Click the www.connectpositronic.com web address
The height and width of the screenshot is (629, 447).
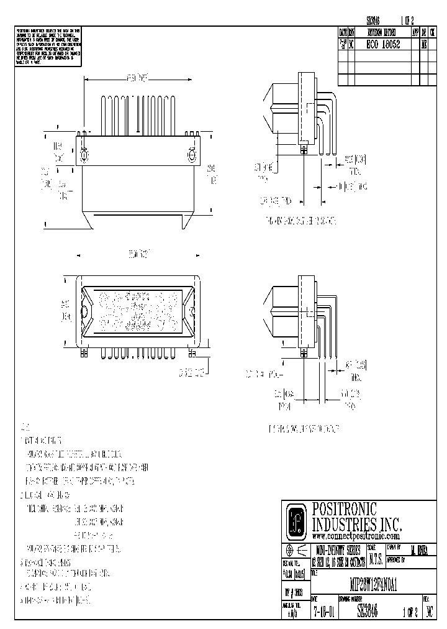(x=355, y=535)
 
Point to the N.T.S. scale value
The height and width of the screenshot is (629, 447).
(x=375, y=559)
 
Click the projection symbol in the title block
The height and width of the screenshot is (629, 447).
(x=296, y=551)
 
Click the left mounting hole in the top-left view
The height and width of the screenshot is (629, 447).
(x=84, y=153)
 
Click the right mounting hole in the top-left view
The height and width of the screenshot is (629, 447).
(x=191, y=153)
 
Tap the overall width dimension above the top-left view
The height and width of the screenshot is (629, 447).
(x=138, y=79)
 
